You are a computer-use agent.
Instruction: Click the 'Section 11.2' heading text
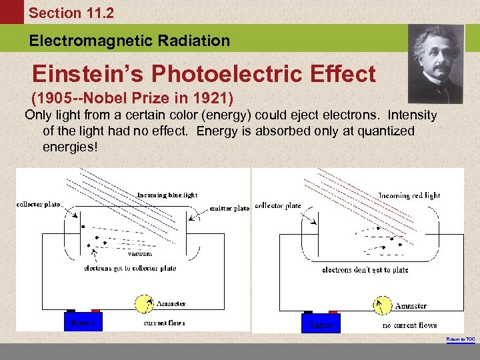tap(62, 12)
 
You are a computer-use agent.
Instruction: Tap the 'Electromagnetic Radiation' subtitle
tap(129, 41)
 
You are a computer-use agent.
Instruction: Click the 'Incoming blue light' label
tap(167, 195)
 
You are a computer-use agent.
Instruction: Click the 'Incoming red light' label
tap(409, 196)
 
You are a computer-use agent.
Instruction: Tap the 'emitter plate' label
tap(230, 208)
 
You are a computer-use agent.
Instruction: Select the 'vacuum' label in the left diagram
tap(140, 253)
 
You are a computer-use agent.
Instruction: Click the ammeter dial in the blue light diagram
tap(144, 304)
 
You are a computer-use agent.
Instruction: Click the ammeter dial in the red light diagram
tap(383, 306)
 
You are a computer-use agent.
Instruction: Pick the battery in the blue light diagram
tap(83, 321)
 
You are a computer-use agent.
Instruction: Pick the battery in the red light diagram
tap(321, 323)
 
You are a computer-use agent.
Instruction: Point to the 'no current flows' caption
tap(409, 325)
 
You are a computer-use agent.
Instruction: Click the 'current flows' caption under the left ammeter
tap(164, 323)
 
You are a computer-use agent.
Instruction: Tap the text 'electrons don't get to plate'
tap(365, 270)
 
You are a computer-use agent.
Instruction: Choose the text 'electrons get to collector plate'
tap(130, 268)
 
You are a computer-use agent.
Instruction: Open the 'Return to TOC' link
tap(461, 340)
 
